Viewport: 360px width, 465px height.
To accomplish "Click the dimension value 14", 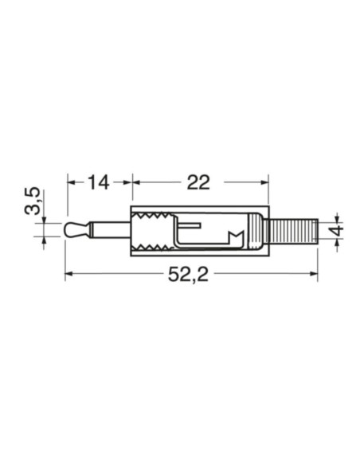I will pyautogui.click(x=97, y=182).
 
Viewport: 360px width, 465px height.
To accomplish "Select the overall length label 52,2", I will pyautogui.click(x=190, y=275).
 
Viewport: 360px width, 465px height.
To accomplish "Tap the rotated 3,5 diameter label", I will pyautogui.click(x=32, y=202).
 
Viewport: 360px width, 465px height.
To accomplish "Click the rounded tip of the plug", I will pyautogui.click(x=72, y=232).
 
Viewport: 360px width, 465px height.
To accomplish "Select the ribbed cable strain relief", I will pyautogui.click(x=292, y=232).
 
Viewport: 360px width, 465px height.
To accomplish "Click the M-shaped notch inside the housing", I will pyautogui.click(x=237, y=237).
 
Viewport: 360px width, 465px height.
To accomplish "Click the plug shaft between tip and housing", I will pyautogui.click(x=108, y=232).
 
